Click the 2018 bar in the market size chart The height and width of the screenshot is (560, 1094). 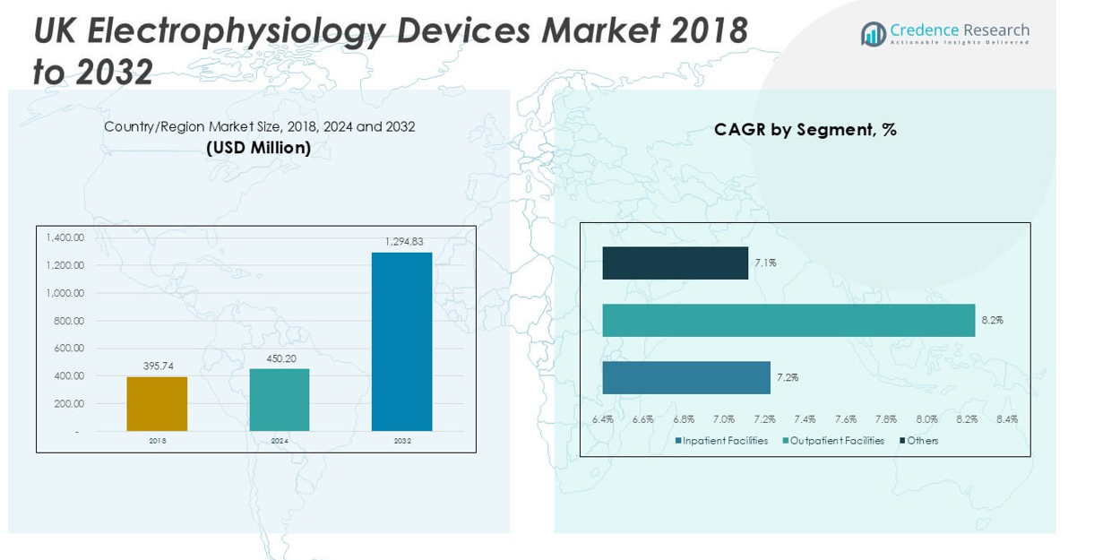(157, 403)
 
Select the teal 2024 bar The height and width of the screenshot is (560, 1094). (280, 400)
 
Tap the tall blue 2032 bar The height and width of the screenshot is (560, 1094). (402, 341)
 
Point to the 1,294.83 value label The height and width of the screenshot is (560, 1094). (404, 242)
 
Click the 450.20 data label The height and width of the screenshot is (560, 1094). (280, 358)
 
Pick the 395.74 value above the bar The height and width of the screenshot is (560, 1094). (158, 366)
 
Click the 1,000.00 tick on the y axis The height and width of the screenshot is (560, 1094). (65, 293)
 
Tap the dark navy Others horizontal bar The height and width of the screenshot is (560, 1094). (675, 263)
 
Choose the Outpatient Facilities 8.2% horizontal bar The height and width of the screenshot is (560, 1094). (788, 321)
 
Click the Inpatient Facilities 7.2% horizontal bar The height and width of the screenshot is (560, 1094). (686, 377)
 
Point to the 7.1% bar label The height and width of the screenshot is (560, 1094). (765, 263)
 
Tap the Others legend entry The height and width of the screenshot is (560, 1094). (921, 441)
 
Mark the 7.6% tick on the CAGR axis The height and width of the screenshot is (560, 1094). (846, 419)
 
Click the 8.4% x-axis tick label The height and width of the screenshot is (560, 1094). (1007, 419)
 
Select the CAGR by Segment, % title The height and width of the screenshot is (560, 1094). (805, 130)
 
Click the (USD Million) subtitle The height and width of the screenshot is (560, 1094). (259, 148)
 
